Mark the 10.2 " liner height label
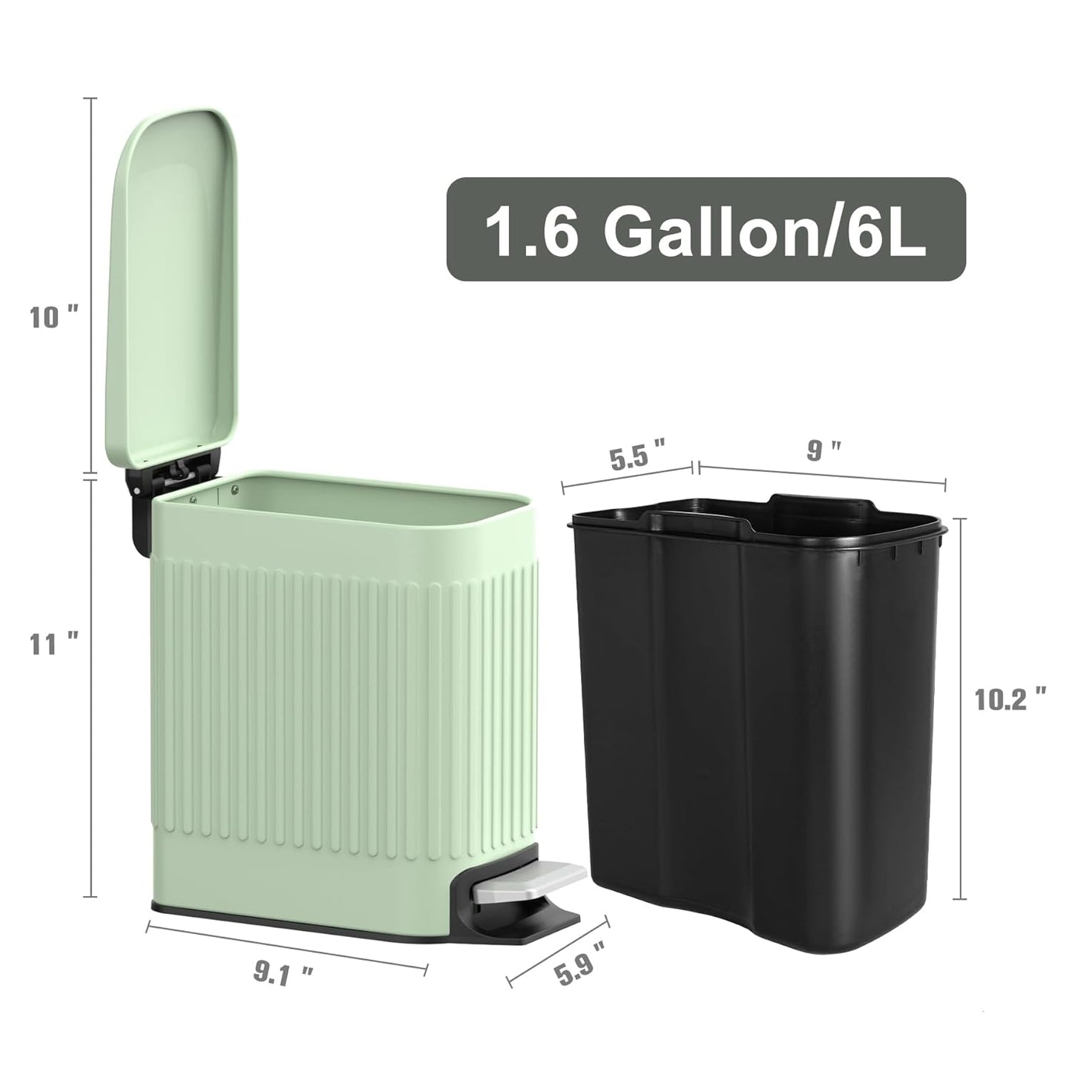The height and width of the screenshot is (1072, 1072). point(1010,698)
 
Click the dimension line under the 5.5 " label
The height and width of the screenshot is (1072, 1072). point(627,476)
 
